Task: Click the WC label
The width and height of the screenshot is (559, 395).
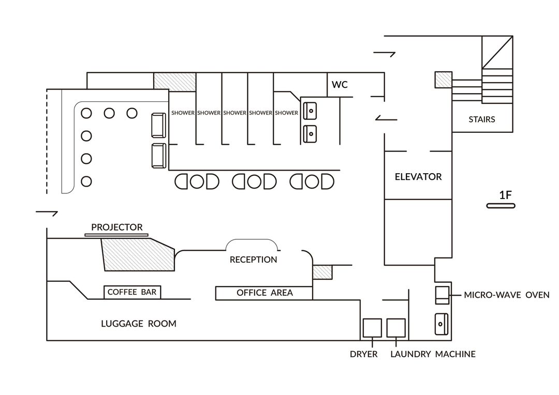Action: (x=340, y=85)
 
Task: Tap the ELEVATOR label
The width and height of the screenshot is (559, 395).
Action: (x=418, y=177)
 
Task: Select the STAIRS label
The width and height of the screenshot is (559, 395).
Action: (x=482, y=119)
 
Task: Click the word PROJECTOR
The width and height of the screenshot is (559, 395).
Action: (x=117, y=227)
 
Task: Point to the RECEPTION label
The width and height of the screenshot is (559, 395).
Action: (x=253, y=260)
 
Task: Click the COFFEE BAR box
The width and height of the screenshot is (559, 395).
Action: (x=132, y=292)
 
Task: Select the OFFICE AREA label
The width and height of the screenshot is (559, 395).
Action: (x=264, y=293)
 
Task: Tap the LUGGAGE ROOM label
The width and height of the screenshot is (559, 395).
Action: (x=139, y=324)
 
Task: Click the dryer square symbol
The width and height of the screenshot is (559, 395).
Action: (x=372, y=328)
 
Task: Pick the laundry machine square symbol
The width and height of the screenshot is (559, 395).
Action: (x=396, y=328)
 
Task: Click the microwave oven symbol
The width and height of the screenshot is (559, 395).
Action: (x=442, y=295)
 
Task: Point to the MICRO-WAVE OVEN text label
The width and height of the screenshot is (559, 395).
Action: (x=507, y=295)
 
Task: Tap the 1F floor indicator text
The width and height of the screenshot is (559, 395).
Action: (x=505, y=195)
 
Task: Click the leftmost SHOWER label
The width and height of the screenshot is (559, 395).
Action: (x=183, y=113)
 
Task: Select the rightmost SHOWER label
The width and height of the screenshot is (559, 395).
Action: (x=286, y=113)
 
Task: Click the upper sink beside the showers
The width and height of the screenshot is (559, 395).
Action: (x=310, y=111)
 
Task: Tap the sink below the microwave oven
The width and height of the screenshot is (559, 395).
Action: (x=442, y=324)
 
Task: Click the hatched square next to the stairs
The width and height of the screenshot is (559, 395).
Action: (x=444, y=80)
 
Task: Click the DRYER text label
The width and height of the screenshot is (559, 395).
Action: (x=364, y=354)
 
